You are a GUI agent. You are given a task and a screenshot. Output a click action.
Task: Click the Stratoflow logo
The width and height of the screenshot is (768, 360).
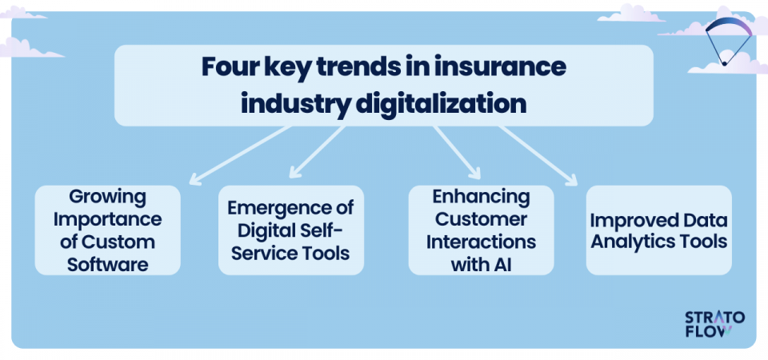(714, 324)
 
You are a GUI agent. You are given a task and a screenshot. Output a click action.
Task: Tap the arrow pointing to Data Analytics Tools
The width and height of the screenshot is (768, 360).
(537, 155)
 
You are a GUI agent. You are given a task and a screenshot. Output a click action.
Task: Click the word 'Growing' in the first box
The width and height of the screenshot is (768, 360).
(108, 197)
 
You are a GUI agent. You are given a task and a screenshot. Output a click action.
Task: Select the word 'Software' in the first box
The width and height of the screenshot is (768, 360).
(108, 265)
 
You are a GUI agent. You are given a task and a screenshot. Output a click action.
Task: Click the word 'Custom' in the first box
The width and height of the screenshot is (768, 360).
(122, 242)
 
